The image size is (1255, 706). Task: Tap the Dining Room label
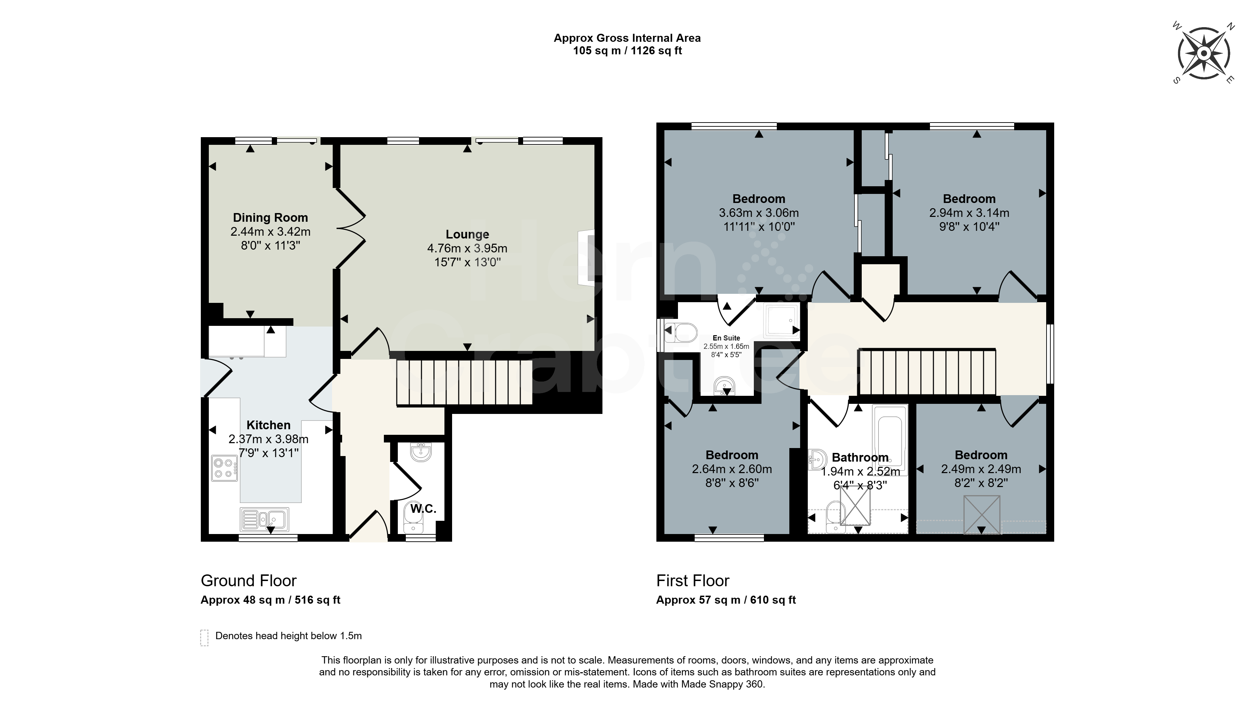[270, 218]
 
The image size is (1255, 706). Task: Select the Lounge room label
[467, 234]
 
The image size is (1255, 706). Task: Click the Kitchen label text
[268, 425]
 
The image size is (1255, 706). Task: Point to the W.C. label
[423, 509]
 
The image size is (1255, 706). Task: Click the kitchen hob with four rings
[224, 468]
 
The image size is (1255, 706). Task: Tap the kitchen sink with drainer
[265, 519]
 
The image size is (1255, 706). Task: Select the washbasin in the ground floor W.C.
[420, 452]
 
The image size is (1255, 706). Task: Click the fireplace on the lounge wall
[586, 258]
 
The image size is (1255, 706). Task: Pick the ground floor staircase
[464, 383]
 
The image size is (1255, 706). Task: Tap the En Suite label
[726, 338]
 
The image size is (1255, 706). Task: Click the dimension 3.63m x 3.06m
[759, 213]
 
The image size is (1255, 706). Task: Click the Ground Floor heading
[248, 581]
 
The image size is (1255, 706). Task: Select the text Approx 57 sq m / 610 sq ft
[726, 600]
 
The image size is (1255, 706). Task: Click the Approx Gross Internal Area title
[627, 38]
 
